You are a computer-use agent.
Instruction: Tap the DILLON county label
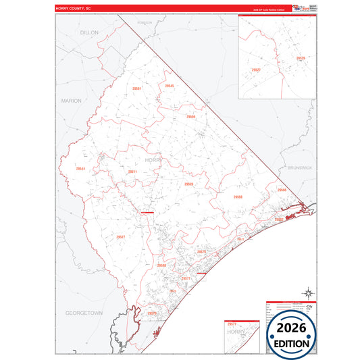tap(89, 32)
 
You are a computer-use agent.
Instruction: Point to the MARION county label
tap(71, 101)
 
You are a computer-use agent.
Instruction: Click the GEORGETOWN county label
tap(84, 313)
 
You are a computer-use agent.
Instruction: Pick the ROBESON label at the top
tap(145, 22)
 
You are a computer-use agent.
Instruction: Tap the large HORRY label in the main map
tap(153, 159)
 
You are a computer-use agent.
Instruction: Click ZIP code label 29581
tap(137, 88)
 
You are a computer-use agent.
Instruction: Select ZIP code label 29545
tap(170, 86)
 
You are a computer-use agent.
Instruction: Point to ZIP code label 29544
tap(81, 168)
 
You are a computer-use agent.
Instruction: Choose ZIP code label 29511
tap(133, 172)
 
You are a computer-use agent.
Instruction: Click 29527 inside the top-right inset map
tap(256, 70)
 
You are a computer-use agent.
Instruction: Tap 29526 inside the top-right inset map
tap(301, 59)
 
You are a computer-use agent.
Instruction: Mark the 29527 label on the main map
tap(121, 236)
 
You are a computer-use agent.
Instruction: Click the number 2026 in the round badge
tap(291, 328)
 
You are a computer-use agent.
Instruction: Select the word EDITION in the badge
tap(291, 343)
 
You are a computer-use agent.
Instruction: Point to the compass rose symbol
tap(307, 293)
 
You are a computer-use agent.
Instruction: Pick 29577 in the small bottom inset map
tap(232, 324)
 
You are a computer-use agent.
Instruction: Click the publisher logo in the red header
tap(297, 8)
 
